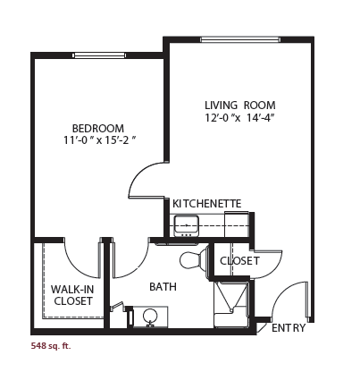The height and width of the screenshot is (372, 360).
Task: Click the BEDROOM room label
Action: click(x=98, y=129)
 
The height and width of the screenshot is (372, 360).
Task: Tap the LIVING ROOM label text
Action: click(x=240, y=106)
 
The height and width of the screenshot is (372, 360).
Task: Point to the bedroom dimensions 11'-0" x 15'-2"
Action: click(x=100, y=140)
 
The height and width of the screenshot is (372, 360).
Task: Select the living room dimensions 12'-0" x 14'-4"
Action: click(x=239, y=118)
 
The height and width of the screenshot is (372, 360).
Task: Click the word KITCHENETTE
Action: click(x=207, y=204)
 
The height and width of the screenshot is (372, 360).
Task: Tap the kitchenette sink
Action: click(x=187, y=225)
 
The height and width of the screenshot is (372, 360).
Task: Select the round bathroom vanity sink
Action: click(x=150, y=317)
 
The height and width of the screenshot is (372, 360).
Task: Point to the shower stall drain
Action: click(x=231, y=310)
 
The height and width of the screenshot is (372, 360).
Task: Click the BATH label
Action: click(x=163, y=287)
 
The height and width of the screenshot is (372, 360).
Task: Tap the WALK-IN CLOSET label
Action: click(x=73, y=295)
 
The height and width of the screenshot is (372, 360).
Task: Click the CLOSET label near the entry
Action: click(x=239, y=261)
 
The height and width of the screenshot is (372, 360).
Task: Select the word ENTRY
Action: click(x=289, y=328)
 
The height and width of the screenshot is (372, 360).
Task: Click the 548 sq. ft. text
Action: click(x=51, y=346)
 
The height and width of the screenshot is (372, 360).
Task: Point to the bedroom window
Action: click(x=99, y=55)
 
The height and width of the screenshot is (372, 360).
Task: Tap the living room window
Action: click(x=240, y=39)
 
